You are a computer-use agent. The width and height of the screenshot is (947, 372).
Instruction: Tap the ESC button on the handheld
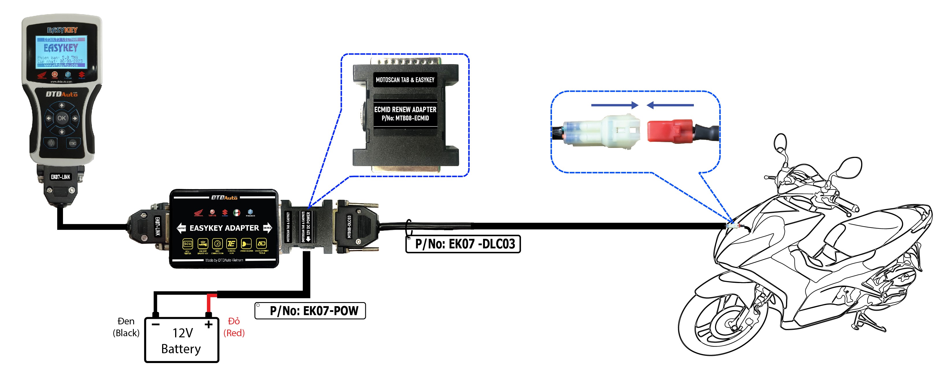(x=73, y=143)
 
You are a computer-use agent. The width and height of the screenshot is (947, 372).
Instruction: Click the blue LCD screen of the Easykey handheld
(x=61, y=52)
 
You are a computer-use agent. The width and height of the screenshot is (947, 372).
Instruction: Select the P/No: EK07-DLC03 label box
(x=463, y=244)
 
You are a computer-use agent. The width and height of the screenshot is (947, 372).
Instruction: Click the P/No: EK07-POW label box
(x=310, y=310)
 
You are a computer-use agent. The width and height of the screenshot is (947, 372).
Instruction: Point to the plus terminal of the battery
(x=208, y=324)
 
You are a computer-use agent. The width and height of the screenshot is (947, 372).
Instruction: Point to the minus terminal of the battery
(x=155, y=324)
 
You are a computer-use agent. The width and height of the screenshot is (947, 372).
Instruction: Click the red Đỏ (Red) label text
(x=234, y=327)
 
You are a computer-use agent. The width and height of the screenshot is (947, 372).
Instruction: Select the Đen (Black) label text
(x=126, y=327)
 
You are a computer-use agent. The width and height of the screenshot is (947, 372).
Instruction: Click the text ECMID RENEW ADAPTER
(x=405, y=109)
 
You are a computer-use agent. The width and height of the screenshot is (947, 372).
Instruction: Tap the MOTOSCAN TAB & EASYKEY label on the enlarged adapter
(x=405, y=80)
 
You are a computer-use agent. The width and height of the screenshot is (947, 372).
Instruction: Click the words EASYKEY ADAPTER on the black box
(x=224, y=228)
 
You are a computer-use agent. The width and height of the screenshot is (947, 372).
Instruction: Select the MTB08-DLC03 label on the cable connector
(x=349, y=226)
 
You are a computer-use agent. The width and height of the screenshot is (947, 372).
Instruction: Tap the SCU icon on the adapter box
(x=188, y=244)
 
